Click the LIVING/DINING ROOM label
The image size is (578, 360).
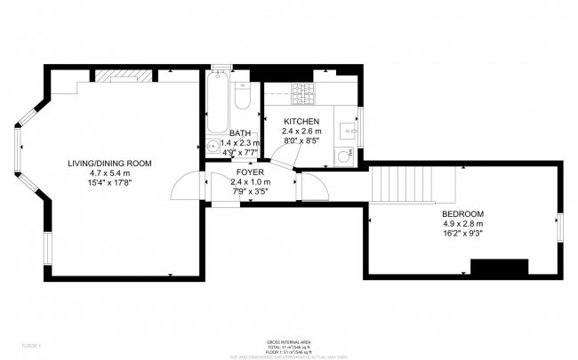tap(110, 164)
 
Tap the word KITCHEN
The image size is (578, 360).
tap(301, 121)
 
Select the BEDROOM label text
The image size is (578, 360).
tap(462, 214)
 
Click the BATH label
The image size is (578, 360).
tap(240, 132)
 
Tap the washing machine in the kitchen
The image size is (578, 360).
tap(344, 156)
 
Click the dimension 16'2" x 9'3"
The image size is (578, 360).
tap(462, 235)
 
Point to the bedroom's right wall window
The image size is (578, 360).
tap(560, 228)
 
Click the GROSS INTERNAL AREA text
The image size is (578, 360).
tap(289, 341)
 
